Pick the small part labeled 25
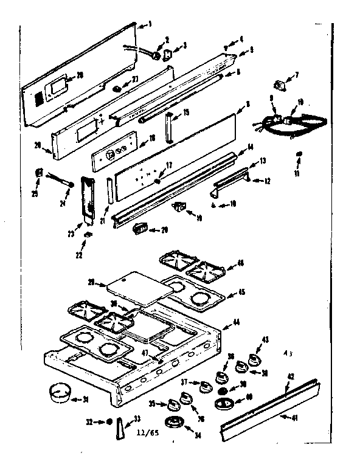click(40, 173)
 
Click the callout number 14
click(249, 148)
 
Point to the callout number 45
click(242, 292)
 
